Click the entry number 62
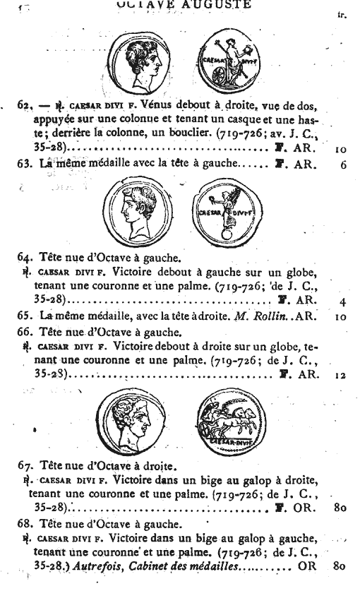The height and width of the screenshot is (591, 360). [25, 107]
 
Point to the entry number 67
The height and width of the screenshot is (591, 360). [25, 467]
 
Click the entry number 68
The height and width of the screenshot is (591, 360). [25, 525]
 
